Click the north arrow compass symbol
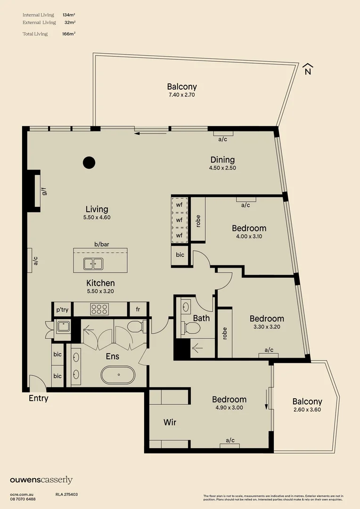point(307,69)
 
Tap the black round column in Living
point(89,163)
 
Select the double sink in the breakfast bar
point(93,264)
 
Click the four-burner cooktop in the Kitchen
point(99,309)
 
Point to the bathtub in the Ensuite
point(118,375)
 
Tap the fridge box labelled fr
point(138,309)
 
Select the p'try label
point(62,310)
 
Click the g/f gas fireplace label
point(44,191)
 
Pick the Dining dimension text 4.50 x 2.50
point(223,168)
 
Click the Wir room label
point(170,422)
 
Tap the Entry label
point(39,398)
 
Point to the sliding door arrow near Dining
point(151,133)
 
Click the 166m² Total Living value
point(69,34)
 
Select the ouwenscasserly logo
point(41,480)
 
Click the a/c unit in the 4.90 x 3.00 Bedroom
point(230,446)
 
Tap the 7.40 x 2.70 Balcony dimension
point(182,95)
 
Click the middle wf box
point(179,220)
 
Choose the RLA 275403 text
point(66,494)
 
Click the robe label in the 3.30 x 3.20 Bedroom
point(225,333)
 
